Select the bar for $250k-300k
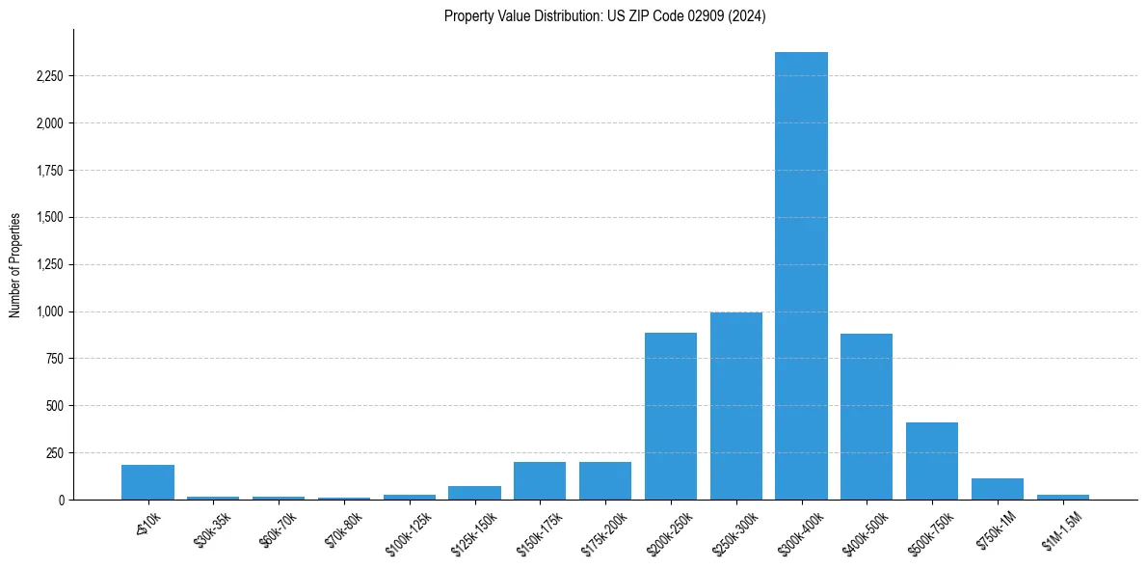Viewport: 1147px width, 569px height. [736, 406]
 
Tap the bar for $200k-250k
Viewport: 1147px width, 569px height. [671, 416]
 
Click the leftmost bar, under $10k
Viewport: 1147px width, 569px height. [147, 482]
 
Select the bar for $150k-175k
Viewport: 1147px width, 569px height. [540, 480]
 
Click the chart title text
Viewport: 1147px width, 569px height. [604, 16]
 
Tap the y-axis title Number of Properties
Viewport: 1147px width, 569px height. [15, 264]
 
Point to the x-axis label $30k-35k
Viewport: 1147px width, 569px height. [212, 529]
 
